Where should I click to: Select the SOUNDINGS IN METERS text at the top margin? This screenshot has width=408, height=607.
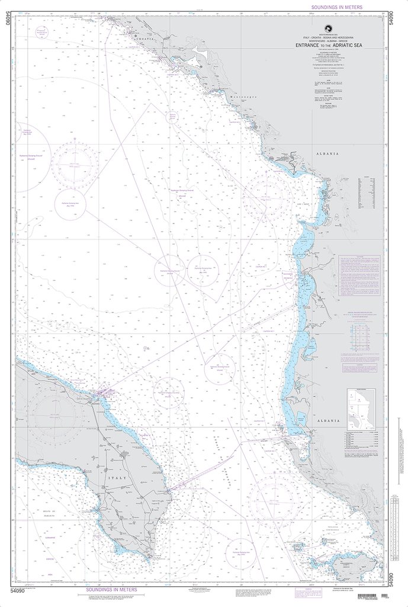336,7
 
